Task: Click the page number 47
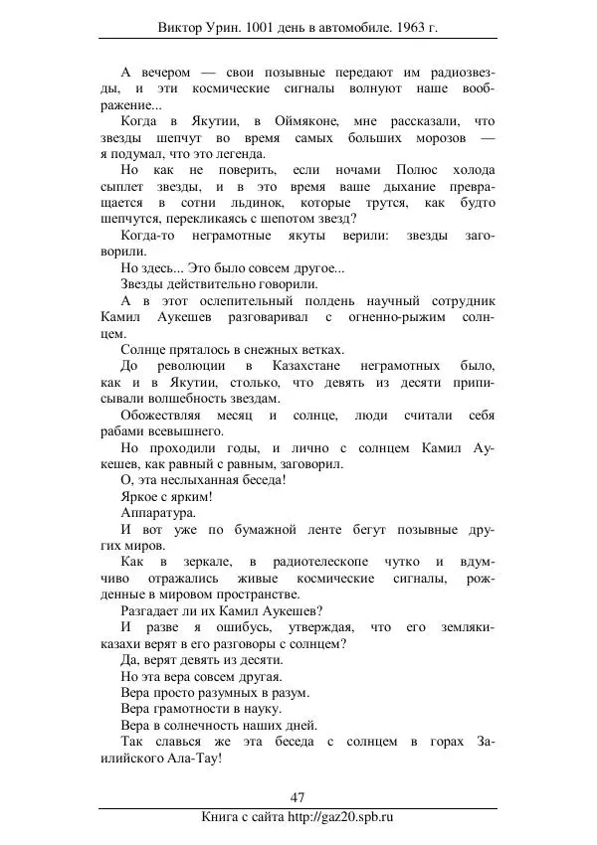tap(298, 796)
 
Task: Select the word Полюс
tap(402, 170)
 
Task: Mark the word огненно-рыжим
tap(400, 316)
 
